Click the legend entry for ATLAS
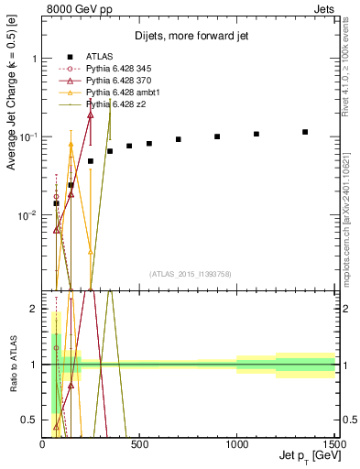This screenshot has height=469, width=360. click(97, 58)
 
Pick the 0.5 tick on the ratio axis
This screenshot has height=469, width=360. click(30, 420)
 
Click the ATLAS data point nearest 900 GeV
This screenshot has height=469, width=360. click(217, 136)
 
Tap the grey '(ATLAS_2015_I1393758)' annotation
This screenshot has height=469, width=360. click(191, 274)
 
